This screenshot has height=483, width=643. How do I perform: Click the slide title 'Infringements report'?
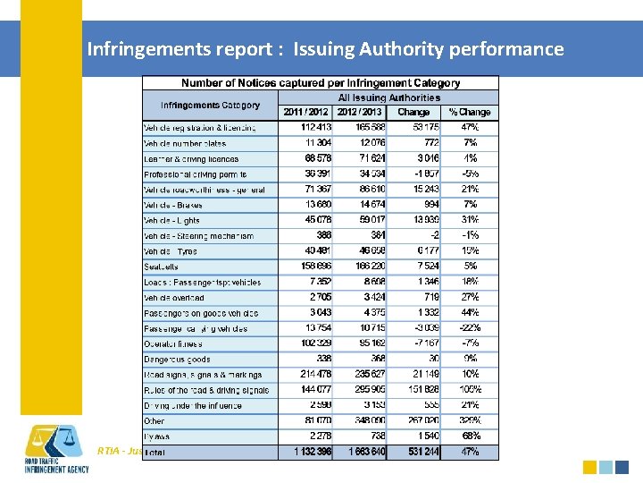click(325, 48)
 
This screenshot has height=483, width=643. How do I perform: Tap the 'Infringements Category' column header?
click(211, 105)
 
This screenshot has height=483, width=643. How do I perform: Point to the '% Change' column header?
click(470, 112)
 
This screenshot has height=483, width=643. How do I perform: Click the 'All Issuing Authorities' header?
click(388, 97)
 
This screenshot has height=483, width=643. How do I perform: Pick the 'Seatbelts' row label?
click(162, 267)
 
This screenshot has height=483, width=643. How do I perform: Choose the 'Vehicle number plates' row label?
click(185, 143)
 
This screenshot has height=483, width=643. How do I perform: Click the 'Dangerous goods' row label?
click(177, 359)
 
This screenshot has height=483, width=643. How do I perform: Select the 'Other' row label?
click(154, 420)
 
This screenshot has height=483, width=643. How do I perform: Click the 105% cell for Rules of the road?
click(470, 390)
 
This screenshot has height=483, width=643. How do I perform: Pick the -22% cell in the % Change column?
click(470, 327)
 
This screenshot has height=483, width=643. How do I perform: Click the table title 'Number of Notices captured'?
click(321, 83)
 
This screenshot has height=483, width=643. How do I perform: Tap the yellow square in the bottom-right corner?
click(589, 466)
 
